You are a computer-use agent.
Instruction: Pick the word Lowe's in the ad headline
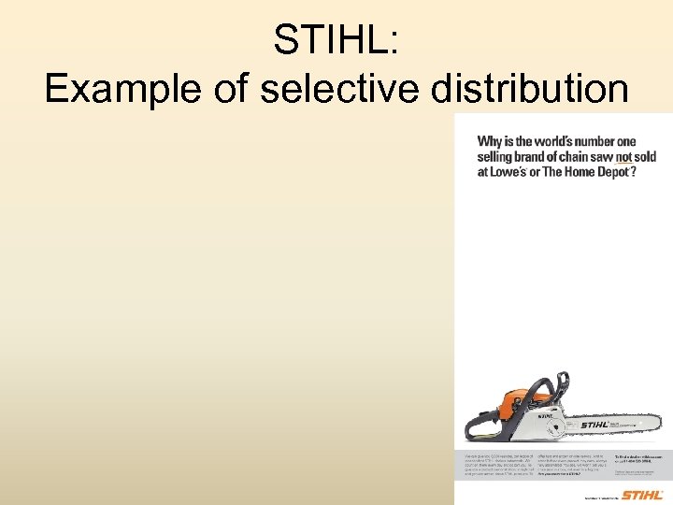510,173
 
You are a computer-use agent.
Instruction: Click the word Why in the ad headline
492,141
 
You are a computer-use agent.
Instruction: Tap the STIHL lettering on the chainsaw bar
594,426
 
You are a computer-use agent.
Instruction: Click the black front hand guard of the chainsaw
561,385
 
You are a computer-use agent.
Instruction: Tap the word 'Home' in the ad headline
575,173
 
